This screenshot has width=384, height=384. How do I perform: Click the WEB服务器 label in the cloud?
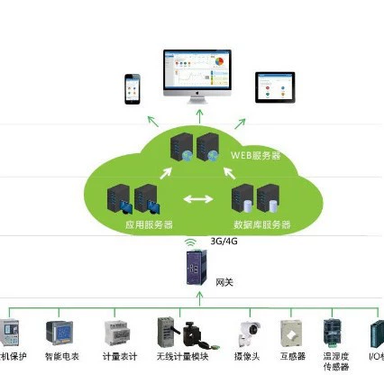point(255,155)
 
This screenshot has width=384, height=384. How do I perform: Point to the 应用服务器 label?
point(149,224)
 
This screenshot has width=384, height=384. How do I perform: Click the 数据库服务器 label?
point(261,224)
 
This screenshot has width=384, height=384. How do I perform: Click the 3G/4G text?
point(223,242)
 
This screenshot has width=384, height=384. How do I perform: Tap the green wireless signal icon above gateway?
point(190,242)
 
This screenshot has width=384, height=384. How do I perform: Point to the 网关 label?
point(224,282)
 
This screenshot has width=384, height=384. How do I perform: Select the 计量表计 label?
point(122,357)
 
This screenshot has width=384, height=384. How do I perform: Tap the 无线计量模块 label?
point(183,357)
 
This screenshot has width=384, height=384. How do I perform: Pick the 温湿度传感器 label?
point(335,362)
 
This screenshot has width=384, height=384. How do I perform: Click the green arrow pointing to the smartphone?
point(154,120)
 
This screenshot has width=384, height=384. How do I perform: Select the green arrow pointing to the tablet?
point(241,121)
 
